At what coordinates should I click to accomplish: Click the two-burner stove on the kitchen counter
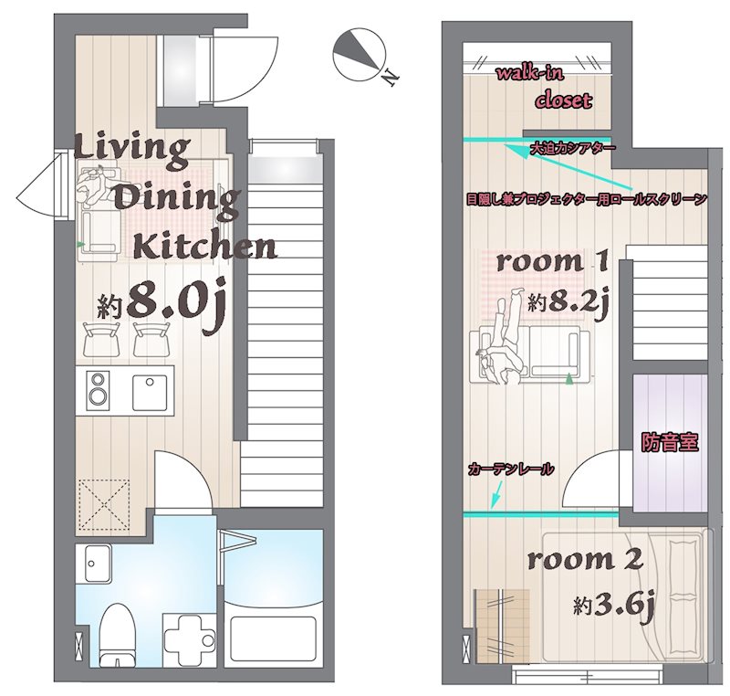click(99, 390)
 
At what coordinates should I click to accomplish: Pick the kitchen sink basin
click(150, 392)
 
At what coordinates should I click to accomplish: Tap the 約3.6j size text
click(614, 606)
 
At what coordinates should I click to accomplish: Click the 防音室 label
click(670, 442)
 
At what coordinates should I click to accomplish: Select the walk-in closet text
click(546, 89)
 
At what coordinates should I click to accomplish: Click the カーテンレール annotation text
click(512, 469)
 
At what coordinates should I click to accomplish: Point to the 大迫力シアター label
click(573, 148)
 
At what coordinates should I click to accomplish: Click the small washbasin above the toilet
click(98, 564)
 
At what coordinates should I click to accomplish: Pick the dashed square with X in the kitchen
click(104, 504)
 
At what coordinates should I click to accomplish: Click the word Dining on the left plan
click(177, 201)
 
